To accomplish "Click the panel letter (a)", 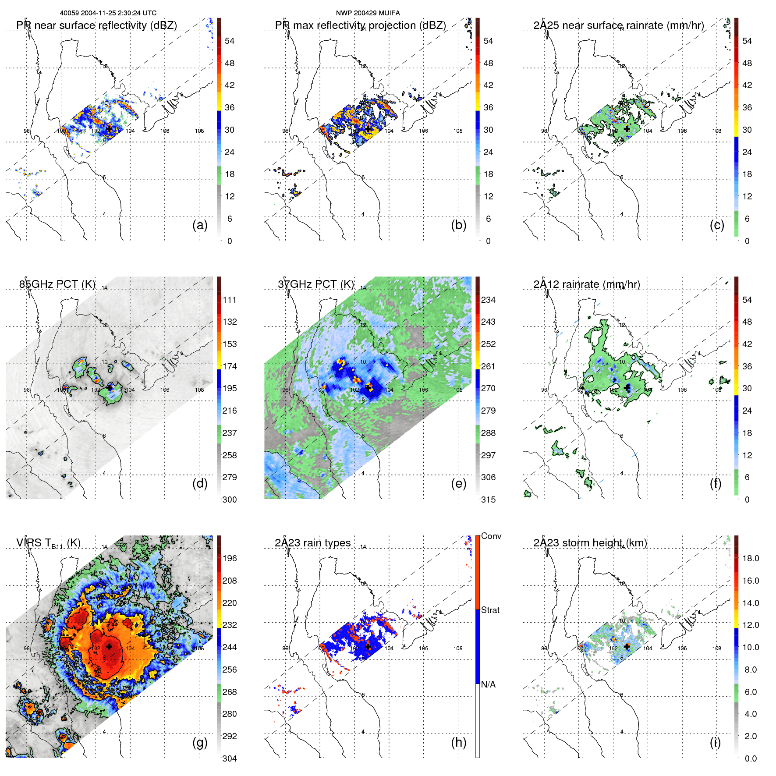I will (200, 225).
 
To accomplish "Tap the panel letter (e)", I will (458, 484).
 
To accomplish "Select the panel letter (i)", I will (715, 742).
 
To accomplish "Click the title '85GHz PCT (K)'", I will (57, 284).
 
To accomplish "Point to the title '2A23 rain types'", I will (312, 543).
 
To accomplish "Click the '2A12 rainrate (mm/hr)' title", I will (586, 284).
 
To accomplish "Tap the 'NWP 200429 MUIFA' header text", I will (368, 13).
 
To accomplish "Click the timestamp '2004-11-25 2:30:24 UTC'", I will (118, 13).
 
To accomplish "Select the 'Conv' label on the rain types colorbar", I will (491, 536).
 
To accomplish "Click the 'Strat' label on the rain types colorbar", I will (490, 610).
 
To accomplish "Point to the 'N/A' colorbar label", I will (488, 684).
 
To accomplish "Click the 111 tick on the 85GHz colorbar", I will (230, 300).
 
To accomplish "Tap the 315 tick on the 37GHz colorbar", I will (488, 500).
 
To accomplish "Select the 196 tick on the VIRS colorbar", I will (230, 558).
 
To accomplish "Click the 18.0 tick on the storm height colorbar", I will (751, 558).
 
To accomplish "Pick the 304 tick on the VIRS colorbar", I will (230, 758).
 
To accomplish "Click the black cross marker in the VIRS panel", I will (109, 646).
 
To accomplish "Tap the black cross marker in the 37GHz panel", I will (369, 388).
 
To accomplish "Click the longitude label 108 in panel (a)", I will (199, 131).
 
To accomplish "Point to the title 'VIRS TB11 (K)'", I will (48, 543).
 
